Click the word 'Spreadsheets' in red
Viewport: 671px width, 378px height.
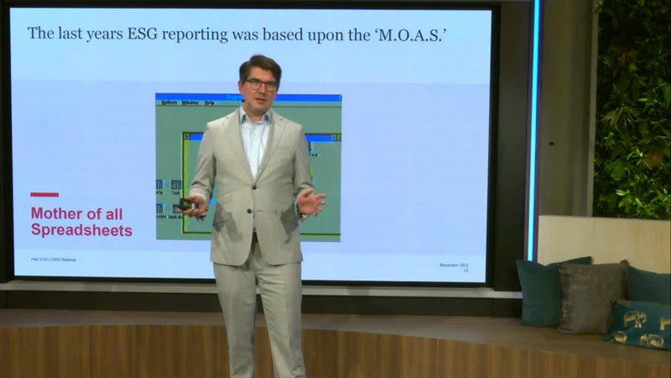[x=81, y=229]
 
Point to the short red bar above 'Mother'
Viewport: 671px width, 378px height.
[x=44, y=195]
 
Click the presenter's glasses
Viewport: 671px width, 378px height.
[x=261, y=85]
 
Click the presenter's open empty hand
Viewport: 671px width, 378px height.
[x=310, y=202]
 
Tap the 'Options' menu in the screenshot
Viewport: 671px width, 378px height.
[x=169, y=102]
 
